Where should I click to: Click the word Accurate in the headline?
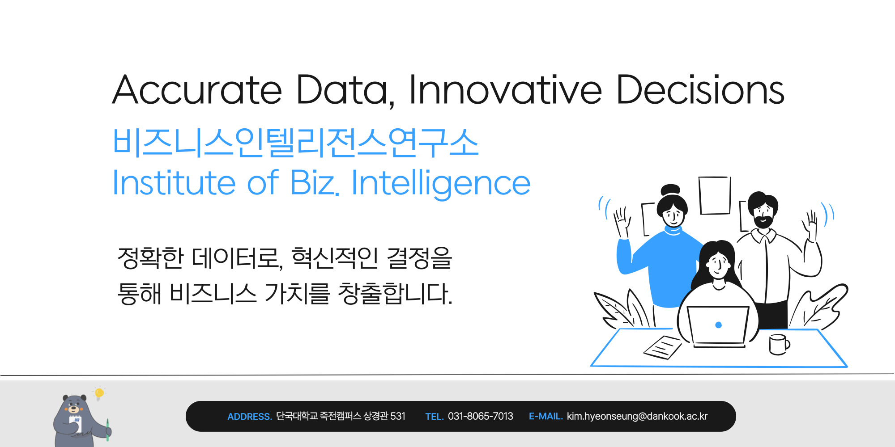click(x=197, y=90)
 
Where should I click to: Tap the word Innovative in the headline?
click(x=506, y=90)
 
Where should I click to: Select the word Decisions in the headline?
click(x=700, y=90)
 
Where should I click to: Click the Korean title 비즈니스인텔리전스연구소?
click(x=296, y=143)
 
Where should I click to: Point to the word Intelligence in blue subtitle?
click(x=441, y=183)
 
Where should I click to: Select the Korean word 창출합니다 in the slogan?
click(x=395, y=294)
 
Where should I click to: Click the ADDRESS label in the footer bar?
click(x=250, y=417)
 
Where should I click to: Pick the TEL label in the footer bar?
click(x=434, y=417)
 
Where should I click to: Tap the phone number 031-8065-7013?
click(x=481, y=416)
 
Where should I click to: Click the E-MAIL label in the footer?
click(x=546, y=416)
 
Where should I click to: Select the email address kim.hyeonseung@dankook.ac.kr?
click(x=637, y=417)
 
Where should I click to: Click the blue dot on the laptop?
click(x=718, y=325)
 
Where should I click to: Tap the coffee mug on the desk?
click(x=779, y=344)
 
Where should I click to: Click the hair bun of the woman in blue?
click(x=670, y=190)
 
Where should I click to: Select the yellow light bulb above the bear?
click(x=99, y=393)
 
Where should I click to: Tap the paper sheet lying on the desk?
click(x=663, y=347)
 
